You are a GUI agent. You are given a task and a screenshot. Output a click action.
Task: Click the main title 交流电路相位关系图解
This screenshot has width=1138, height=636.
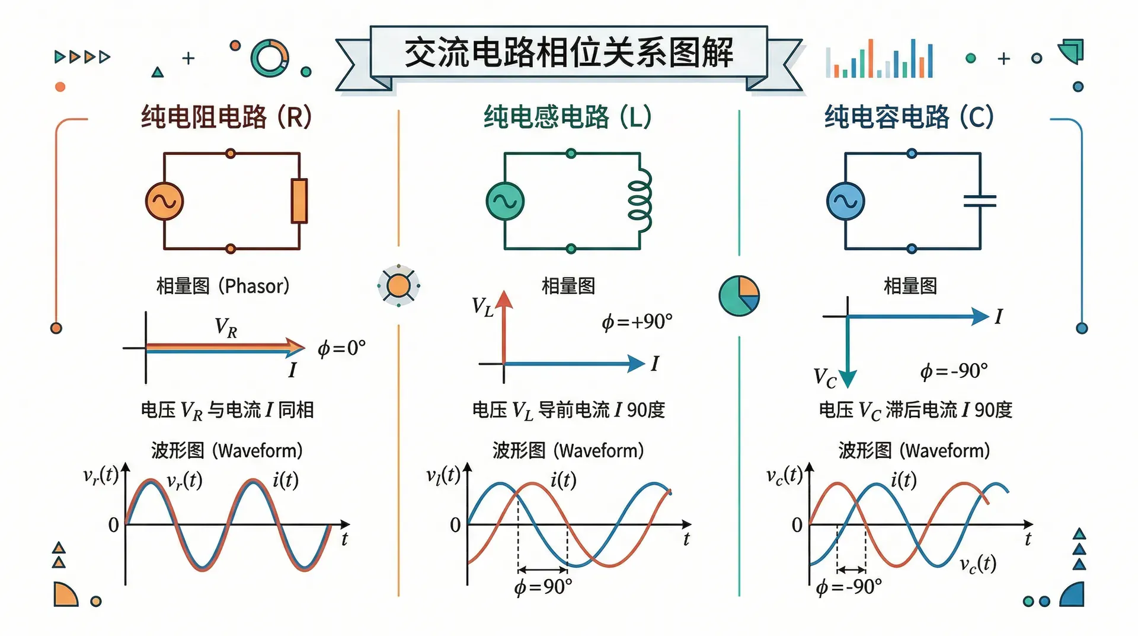568,53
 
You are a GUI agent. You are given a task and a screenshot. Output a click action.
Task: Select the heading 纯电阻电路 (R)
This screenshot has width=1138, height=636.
226,117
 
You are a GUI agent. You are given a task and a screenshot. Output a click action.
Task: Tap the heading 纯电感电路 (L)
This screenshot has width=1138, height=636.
567,117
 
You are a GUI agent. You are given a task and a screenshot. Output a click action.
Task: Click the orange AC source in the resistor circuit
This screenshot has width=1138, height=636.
164,201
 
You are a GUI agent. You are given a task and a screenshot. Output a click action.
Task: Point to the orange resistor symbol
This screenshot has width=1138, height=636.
299,201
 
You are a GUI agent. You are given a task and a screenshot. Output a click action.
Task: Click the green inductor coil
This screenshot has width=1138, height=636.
640,201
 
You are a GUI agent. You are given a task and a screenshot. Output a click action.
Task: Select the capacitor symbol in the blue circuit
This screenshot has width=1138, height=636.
980,201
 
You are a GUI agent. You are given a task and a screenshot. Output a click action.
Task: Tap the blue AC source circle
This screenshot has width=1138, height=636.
845,201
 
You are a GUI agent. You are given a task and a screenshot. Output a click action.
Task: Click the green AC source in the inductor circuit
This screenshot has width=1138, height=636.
505,201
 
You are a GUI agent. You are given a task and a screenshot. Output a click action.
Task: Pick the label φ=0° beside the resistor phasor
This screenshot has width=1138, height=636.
341,348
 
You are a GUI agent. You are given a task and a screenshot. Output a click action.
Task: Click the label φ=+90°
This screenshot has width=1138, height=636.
637,322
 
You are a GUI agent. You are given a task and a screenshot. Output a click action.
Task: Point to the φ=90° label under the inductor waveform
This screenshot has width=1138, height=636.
543,587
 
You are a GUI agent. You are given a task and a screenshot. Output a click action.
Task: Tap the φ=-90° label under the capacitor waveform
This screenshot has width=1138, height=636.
849,587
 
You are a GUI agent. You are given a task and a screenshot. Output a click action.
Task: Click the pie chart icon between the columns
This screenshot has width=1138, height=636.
739,295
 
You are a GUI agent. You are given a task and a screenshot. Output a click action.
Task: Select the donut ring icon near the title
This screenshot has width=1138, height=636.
270,58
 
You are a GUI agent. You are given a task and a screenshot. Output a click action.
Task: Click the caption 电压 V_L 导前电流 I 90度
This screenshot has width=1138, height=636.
568,410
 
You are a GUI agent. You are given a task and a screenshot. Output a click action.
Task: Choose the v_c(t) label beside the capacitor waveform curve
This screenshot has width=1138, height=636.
978,564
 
